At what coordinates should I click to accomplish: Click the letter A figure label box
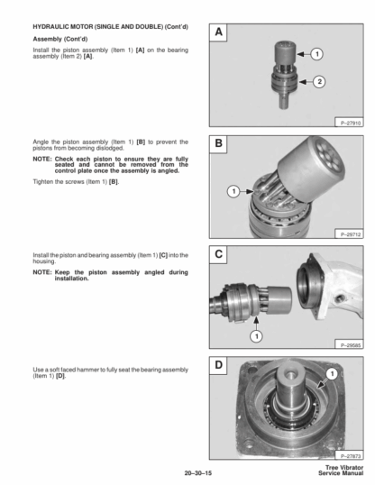218,32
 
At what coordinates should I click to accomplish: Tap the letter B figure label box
218,144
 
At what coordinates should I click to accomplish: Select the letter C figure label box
218,254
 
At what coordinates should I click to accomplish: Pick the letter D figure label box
218,365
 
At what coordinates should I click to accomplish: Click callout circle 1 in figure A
316,54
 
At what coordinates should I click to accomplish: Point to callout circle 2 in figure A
319,82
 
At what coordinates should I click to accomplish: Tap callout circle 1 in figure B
233,191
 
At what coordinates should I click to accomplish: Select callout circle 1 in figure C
256,336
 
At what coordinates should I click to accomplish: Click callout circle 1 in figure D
332,374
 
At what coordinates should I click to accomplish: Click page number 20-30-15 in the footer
198,473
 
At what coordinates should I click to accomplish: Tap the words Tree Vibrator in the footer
344,467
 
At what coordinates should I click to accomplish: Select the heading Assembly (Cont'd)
60,40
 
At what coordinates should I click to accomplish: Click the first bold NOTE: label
42,160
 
